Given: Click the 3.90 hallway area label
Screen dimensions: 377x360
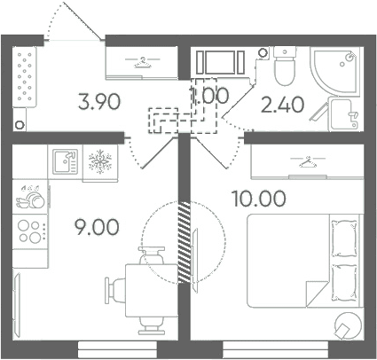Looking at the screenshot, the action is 99,101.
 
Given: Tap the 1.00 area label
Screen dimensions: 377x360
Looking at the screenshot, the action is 209,95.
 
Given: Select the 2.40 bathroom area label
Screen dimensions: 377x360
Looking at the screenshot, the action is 282,105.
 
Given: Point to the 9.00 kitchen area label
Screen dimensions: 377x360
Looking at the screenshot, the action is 97,227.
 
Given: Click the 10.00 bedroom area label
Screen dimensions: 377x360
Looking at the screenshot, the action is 259,199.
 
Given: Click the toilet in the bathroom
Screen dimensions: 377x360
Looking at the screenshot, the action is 285,66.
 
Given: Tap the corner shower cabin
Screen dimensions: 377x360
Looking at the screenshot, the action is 335,70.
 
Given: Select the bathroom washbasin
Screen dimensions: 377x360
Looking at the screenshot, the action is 343,114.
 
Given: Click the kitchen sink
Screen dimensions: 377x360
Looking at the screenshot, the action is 65,161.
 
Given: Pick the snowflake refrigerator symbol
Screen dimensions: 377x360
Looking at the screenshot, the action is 100,161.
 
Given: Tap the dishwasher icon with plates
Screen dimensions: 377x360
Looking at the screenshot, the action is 30,197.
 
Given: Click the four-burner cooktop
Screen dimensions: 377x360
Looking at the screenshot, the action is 29,231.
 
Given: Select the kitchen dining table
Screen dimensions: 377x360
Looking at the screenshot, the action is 152,291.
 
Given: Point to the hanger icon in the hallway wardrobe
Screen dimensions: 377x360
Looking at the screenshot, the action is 142,62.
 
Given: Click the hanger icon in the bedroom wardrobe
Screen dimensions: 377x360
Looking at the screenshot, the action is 308,161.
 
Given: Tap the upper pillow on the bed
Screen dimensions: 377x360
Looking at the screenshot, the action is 344,239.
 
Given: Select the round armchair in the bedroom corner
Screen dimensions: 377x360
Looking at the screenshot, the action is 348,325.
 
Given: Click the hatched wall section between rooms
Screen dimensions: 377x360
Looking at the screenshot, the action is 184,243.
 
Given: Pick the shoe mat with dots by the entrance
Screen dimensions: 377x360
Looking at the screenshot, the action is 25,77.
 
